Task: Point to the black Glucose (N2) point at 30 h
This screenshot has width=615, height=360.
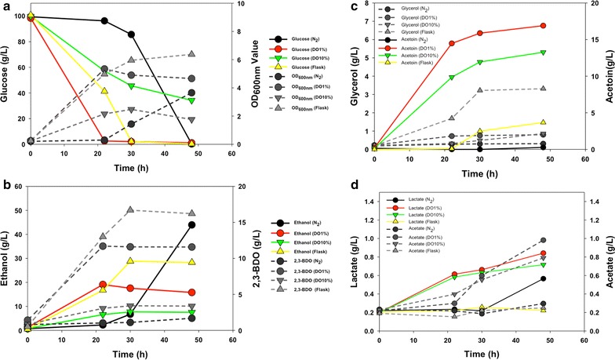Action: tap(131, 34)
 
